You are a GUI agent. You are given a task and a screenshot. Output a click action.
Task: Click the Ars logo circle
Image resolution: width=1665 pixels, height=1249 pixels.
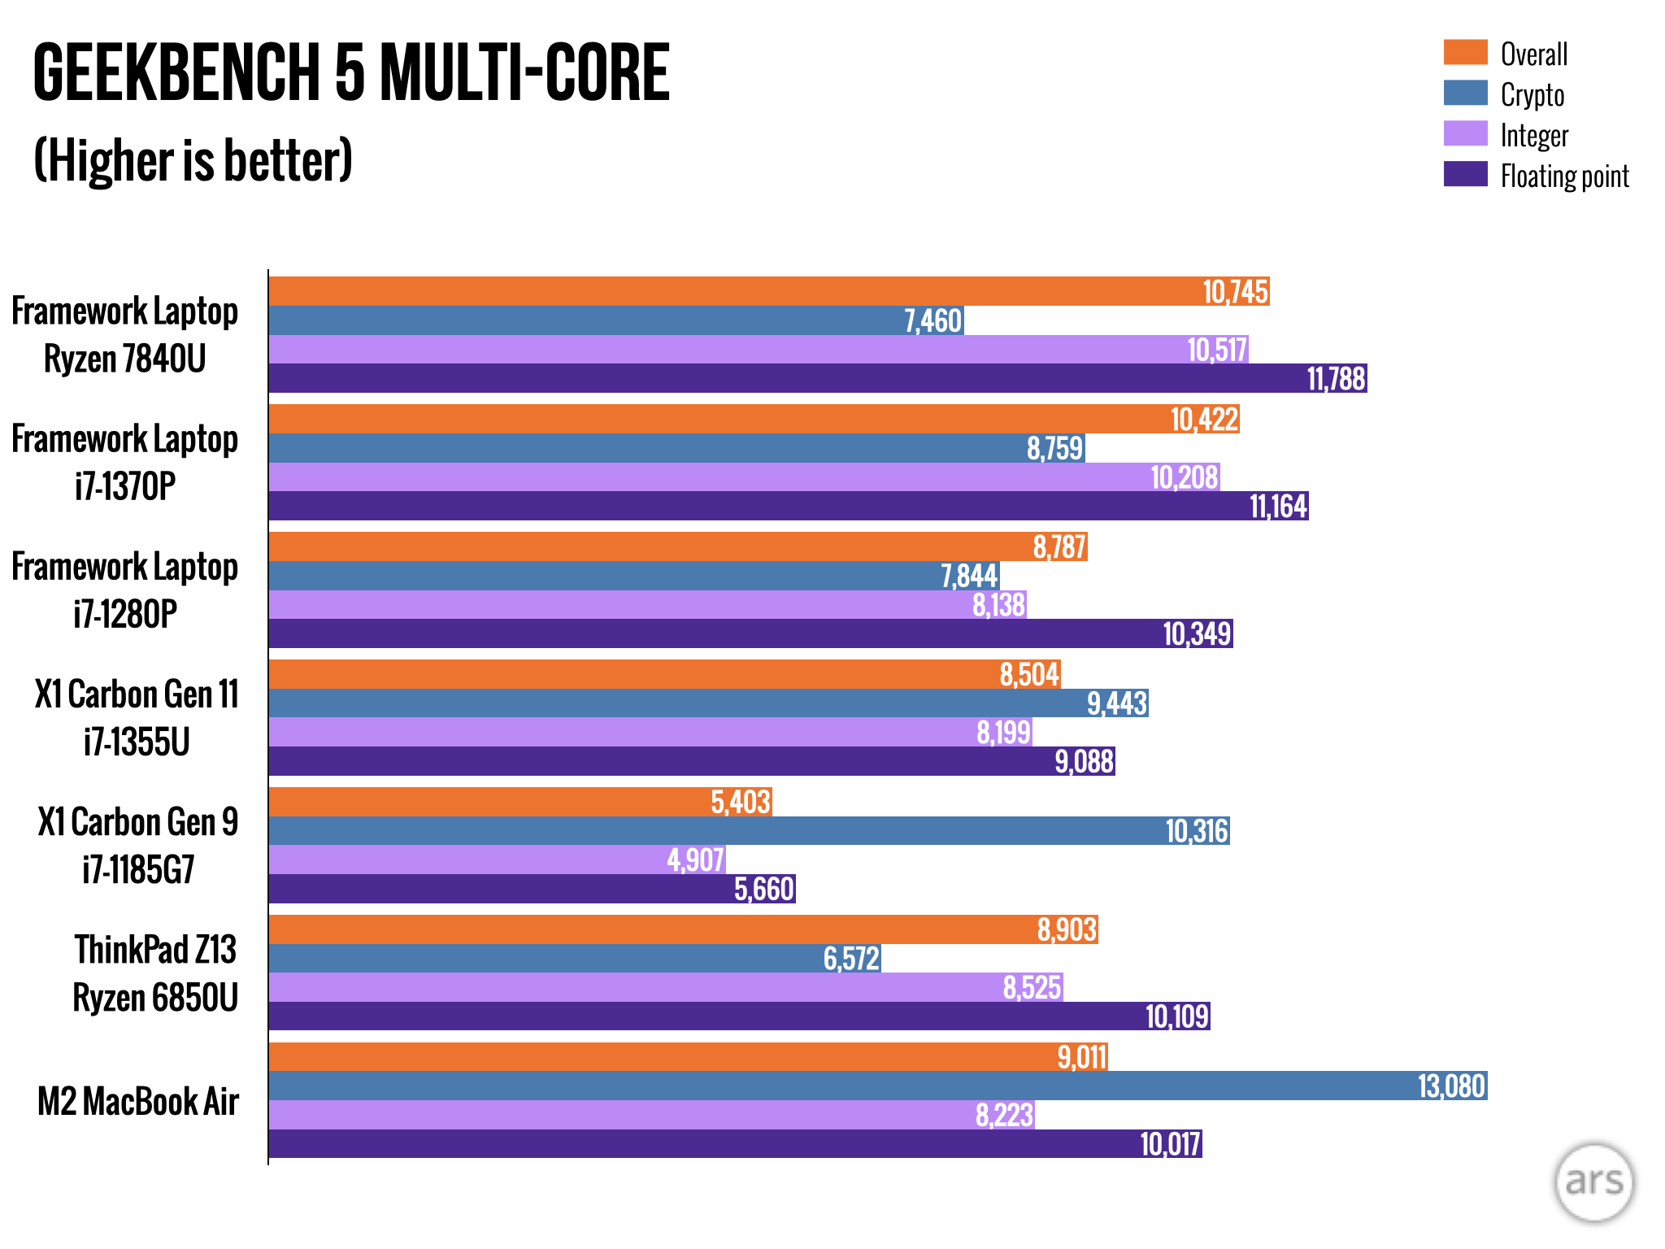[1593, 1182]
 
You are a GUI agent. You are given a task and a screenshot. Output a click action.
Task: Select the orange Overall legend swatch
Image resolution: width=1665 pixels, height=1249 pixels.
[1465, 52]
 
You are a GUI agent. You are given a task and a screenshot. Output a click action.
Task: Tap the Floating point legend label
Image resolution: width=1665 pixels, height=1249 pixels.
[1564, 176]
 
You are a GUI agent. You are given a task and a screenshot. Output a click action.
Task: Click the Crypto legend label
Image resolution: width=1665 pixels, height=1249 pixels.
[1532, 94]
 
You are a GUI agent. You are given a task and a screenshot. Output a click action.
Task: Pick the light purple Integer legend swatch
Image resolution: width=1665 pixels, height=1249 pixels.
[1465, 133]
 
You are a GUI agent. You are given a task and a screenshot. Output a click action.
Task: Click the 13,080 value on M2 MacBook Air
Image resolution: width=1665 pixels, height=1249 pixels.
[1451, 1086]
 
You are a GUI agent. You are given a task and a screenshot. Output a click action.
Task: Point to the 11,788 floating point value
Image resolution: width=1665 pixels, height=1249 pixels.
[1336, 379]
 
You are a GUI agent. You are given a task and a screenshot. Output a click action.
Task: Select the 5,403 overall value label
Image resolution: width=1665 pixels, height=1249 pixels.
[740, 803]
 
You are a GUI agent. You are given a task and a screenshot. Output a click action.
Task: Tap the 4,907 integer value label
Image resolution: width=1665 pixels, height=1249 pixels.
[695, 860]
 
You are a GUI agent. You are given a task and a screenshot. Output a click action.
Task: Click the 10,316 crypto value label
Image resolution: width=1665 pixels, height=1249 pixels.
[1196, 831]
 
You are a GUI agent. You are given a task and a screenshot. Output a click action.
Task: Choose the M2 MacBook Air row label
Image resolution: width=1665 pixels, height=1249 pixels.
[138, 1102]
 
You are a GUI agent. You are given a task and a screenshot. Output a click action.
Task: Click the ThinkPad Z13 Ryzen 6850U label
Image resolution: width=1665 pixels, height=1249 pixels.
[155, 973]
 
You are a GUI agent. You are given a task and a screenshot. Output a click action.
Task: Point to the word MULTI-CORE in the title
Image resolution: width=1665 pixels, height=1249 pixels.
[524, 73]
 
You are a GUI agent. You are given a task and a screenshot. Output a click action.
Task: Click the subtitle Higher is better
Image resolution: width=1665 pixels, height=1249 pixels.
[193, 160]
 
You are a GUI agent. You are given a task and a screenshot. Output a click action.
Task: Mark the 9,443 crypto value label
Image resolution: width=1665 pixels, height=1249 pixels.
[1117, 703]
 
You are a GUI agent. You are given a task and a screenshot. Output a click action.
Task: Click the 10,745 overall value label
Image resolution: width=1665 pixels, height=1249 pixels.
[1235, 292]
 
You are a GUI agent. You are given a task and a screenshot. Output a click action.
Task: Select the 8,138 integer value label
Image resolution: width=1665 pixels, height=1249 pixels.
[998, 605]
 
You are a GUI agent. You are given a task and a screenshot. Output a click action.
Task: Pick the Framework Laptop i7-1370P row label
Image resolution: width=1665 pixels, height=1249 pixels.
[124, 462]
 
